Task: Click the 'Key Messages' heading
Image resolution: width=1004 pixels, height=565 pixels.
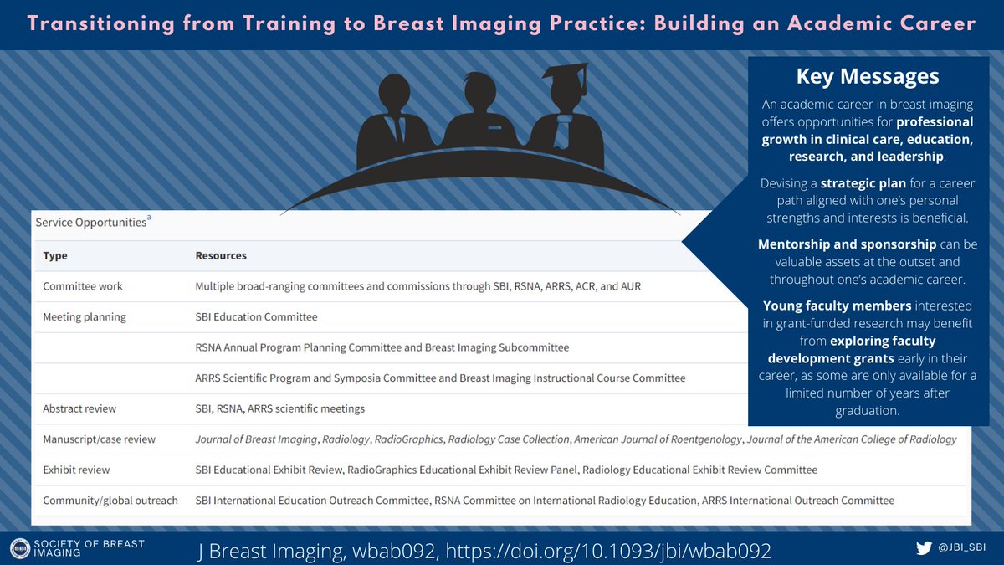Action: click(x=868, y=76)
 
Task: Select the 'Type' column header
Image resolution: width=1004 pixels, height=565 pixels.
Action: click(x=55, y=255)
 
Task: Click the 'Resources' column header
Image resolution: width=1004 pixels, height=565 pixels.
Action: click(x=221, y=255)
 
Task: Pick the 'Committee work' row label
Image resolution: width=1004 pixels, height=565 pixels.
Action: click(x=83, y=286)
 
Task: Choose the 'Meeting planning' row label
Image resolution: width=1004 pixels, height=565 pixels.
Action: click(x=85, y=317)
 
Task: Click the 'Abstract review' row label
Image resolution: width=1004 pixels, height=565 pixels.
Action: click(x=79, y=408)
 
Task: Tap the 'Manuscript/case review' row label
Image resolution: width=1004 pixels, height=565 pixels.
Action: click(x=99, y=439)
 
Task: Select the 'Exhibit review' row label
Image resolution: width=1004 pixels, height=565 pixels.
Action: click(x=76, y=470)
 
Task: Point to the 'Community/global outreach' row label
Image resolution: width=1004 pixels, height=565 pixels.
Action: click(x=110, y=501)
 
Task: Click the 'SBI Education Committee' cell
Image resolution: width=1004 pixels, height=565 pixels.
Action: click(x=256, y=317)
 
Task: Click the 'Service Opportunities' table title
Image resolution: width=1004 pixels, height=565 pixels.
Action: click(x=90, y=223)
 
